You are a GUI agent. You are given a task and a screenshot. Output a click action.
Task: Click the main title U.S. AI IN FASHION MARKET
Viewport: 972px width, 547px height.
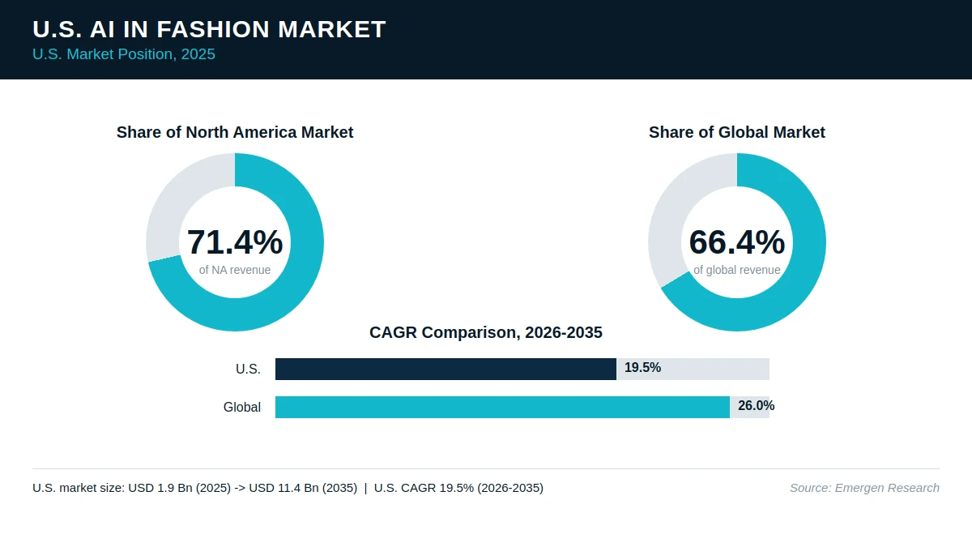[209, 29]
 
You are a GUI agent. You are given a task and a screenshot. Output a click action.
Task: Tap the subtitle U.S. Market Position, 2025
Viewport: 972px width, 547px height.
[124, 54]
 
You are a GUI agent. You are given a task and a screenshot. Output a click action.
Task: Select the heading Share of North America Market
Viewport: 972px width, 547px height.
[235, 132]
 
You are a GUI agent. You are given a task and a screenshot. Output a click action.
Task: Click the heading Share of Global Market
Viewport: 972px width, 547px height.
[737, 132]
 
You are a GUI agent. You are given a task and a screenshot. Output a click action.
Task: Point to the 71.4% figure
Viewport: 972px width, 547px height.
[235, 241]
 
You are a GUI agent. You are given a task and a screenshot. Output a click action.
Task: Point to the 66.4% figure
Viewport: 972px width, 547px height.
[737, 241]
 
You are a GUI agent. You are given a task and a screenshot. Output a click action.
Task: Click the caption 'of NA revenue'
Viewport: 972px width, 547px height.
[235, 270]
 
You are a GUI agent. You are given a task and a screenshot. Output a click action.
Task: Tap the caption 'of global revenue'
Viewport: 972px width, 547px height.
[737, 270]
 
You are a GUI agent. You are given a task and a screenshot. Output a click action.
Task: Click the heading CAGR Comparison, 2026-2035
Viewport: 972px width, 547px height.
[486, 332]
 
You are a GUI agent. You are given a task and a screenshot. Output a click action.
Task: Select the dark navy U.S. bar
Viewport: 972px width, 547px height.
[446, 369]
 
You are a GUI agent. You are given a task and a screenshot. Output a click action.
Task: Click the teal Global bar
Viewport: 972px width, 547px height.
[502, 407]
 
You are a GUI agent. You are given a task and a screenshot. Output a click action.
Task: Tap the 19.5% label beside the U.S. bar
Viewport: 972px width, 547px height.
[642, 368]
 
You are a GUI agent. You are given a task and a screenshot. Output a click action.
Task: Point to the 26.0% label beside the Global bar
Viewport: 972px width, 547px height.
[757, 406]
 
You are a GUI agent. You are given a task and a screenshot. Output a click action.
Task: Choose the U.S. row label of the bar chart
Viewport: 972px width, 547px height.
[248, 369]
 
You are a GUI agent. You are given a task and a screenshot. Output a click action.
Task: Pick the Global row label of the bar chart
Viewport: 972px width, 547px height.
[242, 407]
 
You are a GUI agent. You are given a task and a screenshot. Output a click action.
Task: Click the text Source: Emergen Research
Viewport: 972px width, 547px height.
[864, 488]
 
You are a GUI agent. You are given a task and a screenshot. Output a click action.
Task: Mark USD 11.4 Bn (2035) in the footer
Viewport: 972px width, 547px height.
[303, 488]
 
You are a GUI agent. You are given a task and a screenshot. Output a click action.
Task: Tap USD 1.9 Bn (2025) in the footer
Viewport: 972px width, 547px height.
[179, 488]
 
